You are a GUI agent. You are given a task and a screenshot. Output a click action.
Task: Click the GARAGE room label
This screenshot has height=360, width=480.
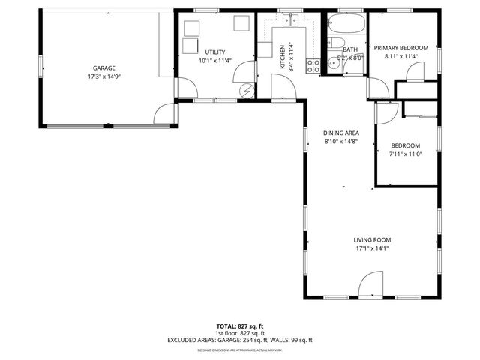coord(104,68)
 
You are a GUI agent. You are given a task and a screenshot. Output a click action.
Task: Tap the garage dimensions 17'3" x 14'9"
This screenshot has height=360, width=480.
coord(104,76)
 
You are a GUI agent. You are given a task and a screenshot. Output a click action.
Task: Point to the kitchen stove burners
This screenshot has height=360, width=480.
coord(313,66)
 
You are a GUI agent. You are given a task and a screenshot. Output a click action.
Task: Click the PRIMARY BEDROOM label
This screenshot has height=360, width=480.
coord(401,48)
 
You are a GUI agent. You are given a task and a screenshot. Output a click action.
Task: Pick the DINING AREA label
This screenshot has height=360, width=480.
coord(341,133)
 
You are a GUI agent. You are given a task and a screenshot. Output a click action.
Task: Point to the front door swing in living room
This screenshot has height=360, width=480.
coord(369,286)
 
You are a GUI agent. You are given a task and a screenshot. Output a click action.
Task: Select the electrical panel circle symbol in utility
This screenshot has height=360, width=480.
coord(246,91)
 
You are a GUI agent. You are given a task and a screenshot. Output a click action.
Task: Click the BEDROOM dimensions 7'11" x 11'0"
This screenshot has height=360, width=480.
coord(405,154)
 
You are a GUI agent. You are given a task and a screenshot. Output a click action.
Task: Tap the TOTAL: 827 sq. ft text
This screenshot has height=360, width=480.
coord(240,326)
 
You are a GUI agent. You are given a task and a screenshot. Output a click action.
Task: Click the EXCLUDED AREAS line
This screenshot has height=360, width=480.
coord(240,340)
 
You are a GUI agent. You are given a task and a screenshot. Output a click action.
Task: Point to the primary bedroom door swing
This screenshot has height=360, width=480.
coord(413,71)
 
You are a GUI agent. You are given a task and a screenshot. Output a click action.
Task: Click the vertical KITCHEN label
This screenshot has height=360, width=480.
coord(282,56)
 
